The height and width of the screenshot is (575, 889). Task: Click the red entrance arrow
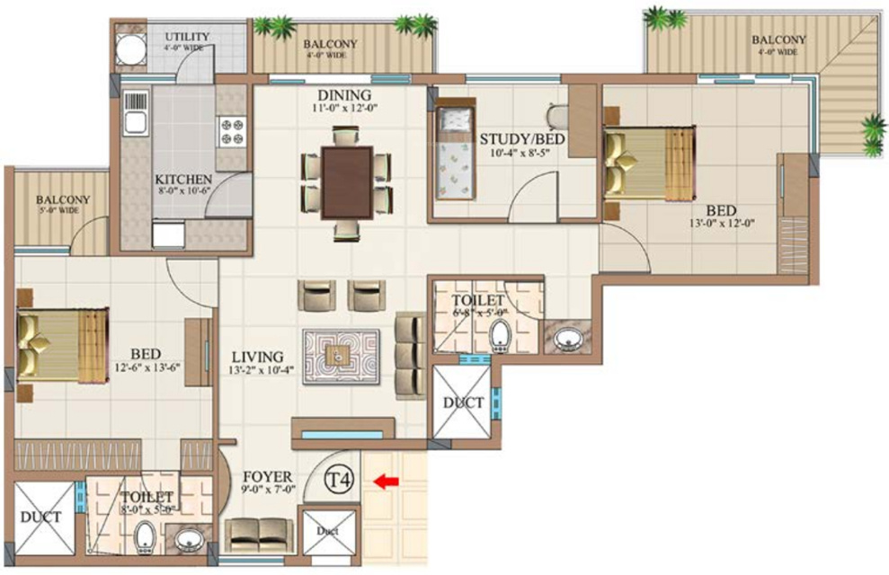(x=387, y=482)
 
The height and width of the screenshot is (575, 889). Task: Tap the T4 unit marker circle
(x=338, y=479)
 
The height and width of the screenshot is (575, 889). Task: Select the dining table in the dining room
(x=346, y=183)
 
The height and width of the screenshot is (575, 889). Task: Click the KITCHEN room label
(x=183, y=179)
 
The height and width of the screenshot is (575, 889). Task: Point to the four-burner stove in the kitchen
(x=230, y=132)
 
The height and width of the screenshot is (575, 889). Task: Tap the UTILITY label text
(x=187, y=37)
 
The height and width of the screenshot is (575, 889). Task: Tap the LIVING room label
(x=255, y=357)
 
